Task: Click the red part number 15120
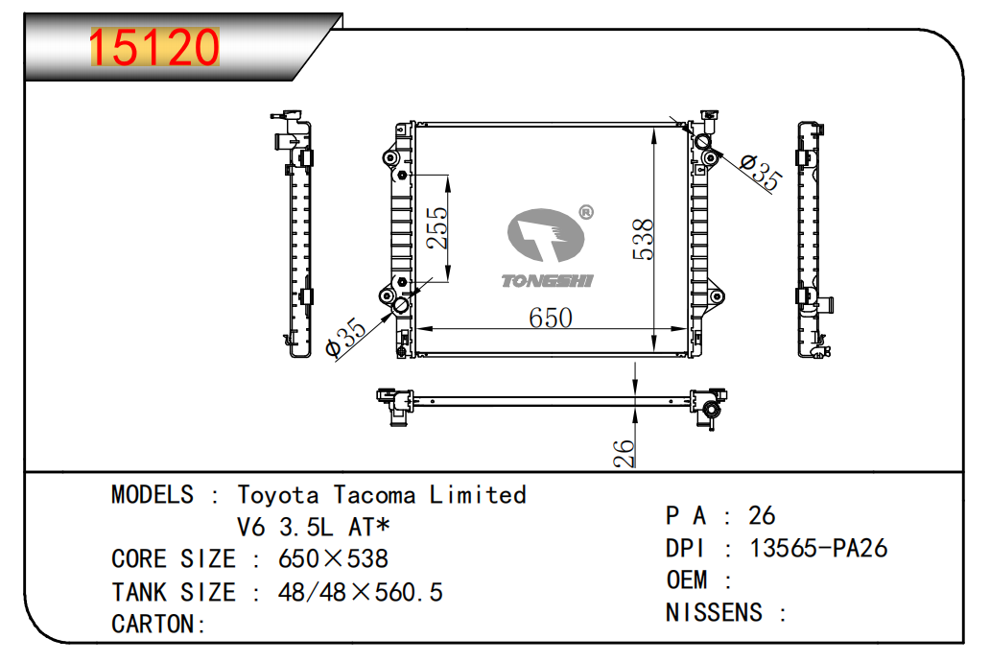pos(154,47)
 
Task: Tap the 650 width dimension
pos(551,318)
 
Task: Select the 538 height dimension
pos(643,240)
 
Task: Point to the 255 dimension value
pos(436,228)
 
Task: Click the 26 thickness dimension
pos(624,453)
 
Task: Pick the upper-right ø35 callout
pos(761,170)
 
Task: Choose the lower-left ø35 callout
pos(345,338)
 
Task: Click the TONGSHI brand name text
pos(548,280)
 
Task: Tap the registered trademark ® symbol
pos(586,212)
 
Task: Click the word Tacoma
pos(374,495)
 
